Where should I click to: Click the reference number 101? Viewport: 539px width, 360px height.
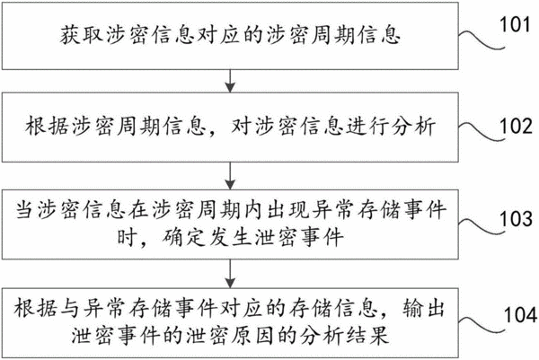[515, 24]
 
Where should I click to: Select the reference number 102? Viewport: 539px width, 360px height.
[516, 126]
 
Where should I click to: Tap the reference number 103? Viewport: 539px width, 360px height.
[516, 218]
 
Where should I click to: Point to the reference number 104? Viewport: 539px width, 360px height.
[520, 314]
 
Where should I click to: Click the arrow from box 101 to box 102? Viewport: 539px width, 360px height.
[230, 81]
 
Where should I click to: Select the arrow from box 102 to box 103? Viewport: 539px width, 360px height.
[230, 176]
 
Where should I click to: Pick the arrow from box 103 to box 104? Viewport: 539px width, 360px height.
[230, 274]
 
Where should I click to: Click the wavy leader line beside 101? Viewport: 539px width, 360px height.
[482, 40]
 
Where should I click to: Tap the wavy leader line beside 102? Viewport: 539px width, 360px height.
[482, 132]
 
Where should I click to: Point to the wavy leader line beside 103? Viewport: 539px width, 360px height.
[482, 226]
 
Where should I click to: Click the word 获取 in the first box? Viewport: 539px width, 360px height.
[82, 35]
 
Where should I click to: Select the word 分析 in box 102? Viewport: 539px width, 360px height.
[414, 127]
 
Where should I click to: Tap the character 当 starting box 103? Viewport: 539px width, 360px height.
[25, 210]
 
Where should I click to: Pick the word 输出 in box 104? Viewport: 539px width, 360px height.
[423, 308]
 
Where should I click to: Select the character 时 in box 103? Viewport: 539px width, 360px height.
[127, 237]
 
